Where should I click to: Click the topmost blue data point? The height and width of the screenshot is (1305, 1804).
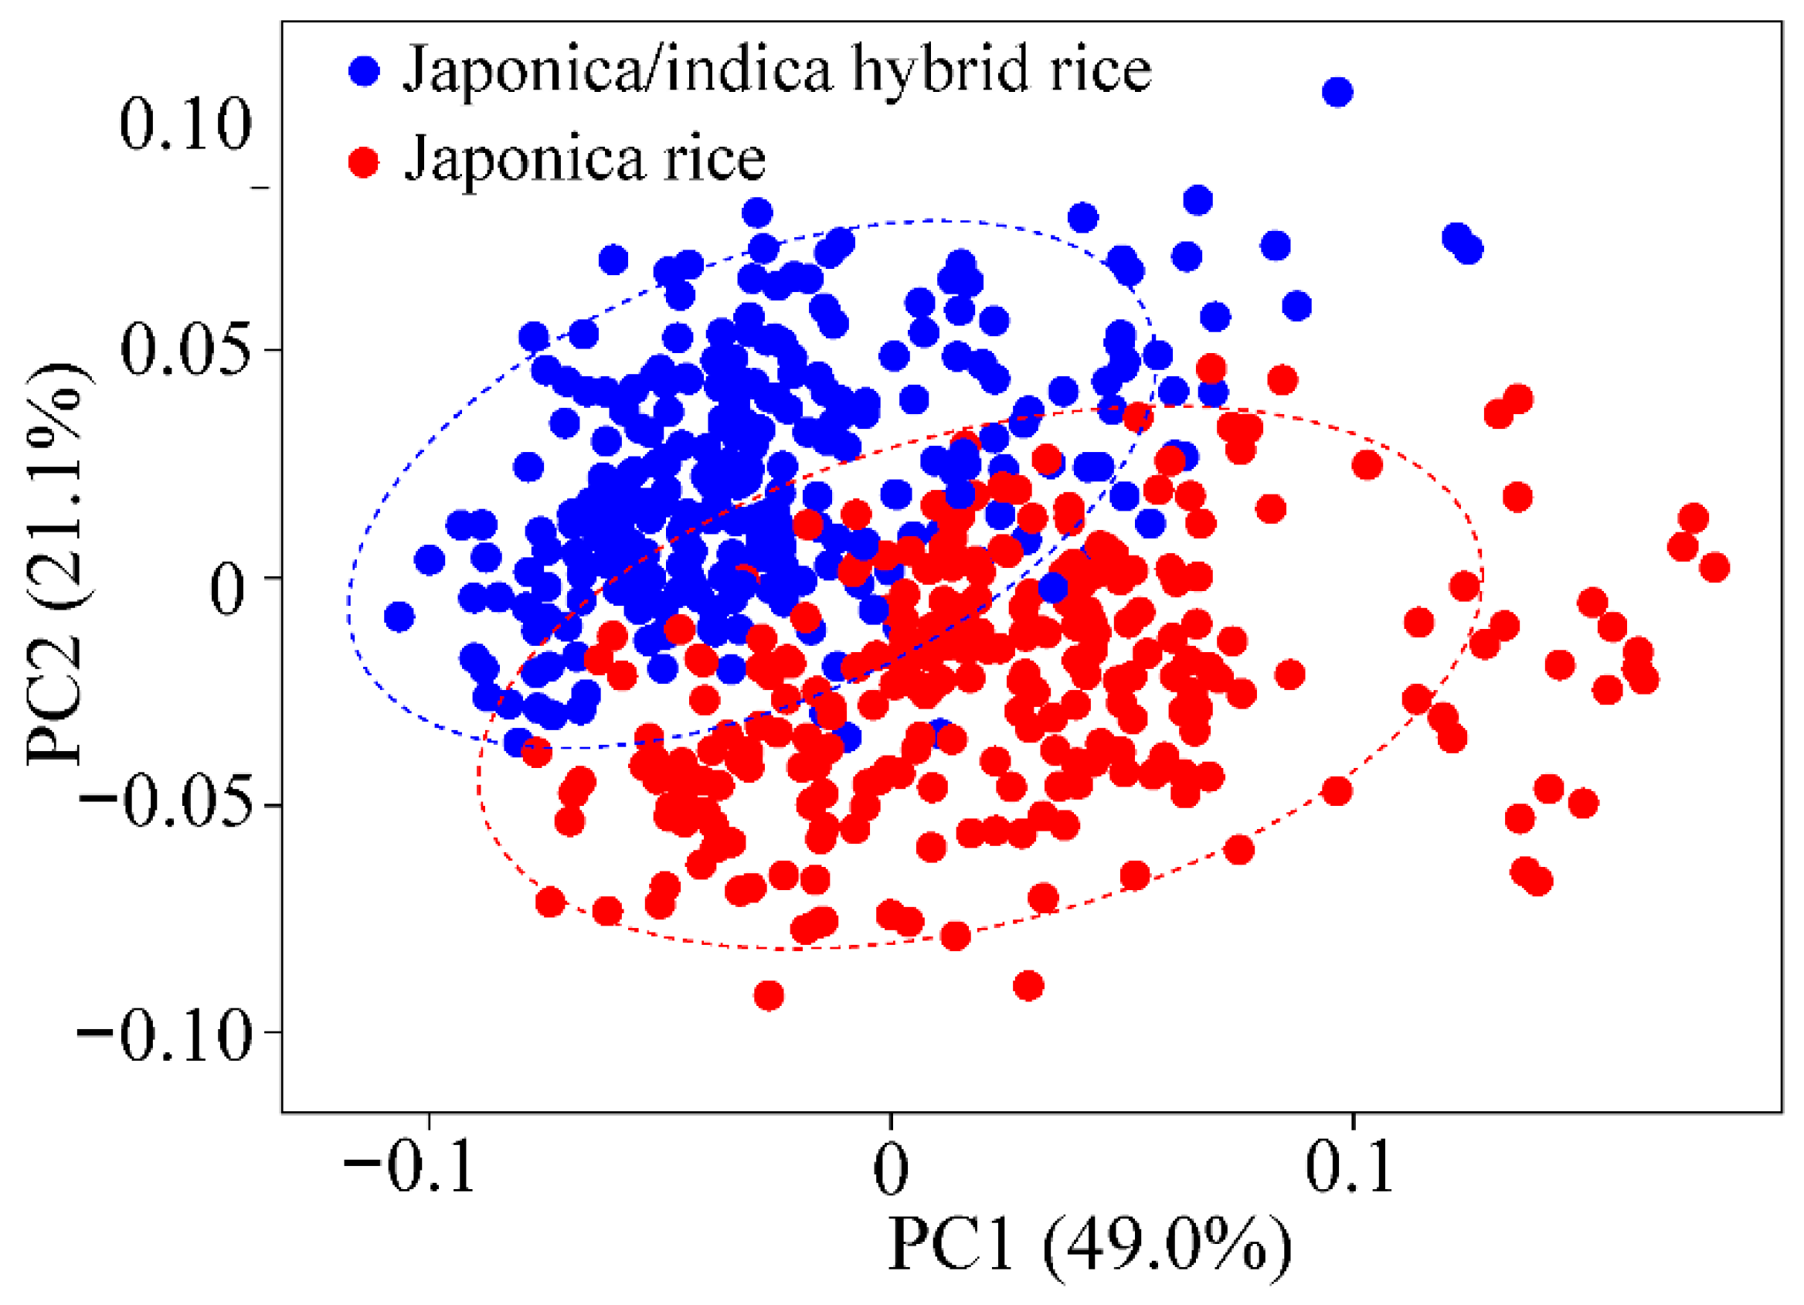[x=1337, y=92]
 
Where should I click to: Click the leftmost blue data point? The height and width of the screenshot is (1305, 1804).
[x=399, y=617]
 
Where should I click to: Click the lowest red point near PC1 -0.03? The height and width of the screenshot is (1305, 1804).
[x=769, y=995]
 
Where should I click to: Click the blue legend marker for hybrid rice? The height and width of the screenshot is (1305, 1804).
[x=365, y=71]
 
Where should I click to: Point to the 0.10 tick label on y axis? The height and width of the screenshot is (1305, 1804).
[x=185, y=125]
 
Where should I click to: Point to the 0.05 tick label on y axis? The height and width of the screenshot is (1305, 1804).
[x=185, y=351]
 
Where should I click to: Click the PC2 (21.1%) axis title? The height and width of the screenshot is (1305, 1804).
[x=56, y=565]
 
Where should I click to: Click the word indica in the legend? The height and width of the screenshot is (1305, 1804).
[x=749, y=71]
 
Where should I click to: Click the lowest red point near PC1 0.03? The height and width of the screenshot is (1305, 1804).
[x=1028, y=986]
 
